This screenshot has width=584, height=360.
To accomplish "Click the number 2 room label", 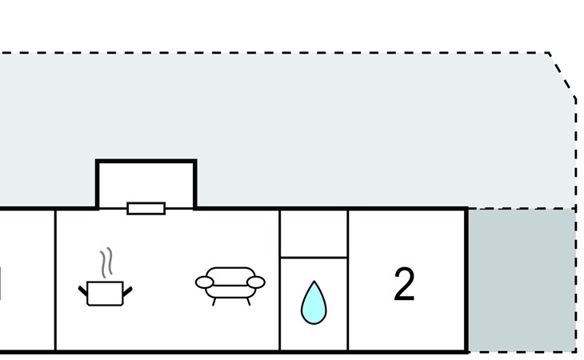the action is click(x=404, y=284).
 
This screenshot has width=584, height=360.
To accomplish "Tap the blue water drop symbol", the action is click(x=314, y=303).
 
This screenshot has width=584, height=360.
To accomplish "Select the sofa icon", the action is click(x=230, y=286).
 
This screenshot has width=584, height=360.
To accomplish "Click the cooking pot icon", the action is click(x=105, y=294).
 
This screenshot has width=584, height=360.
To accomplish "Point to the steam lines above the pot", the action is click(x=106, y=262).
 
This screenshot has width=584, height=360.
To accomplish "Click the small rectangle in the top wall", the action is click(x=146, y=209).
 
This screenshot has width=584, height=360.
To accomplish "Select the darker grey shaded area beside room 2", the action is click(x=522, y=280).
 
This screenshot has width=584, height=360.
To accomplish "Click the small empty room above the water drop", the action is click(x=314, y=234).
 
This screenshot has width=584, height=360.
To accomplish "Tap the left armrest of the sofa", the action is click(x=205, y=282).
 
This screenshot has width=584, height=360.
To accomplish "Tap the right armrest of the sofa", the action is click(x=256, y=282).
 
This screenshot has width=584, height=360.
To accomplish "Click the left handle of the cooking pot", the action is click(x=82, y=290).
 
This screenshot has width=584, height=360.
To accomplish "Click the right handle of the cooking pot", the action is click(x=127, y=291).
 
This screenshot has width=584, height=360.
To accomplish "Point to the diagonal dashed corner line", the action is click(x=562, y=75).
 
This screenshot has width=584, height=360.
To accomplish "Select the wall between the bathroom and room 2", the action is click(x=348, y=280).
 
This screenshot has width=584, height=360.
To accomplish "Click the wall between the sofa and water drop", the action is click(x=280, y=280).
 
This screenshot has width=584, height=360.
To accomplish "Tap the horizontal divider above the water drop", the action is click(x=314, y=258).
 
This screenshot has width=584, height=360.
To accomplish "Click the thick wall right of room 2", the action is click(x=466, y=280).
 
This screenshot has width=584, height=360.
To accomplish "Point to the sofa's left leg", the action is click(x=214, y=302).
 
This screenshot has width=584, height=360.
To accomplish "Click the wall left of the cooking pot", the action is click(x=55, y=280).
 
